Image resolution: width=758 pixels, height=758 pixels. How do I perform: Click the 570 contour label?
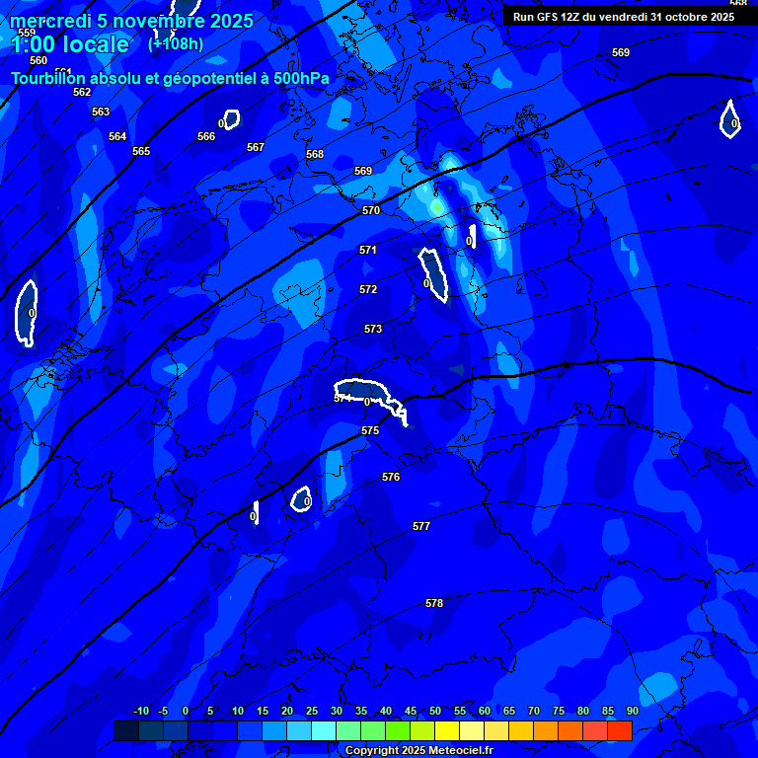pyautogui.click(x=371, y=210)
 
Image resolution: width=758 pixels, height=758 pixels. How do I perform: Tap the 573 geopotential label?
pyautogui.click(x=373, y=329)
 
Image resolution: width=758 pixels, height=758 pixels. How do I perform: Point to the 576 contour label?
pyautogui.click(x=391, y=477)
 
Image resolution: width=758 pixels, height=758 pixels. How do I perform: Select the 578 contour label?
pyautogui.click(x=434, y=603)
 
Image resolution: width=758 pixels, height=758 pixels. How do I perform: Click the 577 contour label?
pyautogui.click(x=421, y=526)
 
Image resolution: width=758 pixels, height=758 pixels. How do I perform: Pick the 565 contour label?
pyautogui.click(x=141, y=151)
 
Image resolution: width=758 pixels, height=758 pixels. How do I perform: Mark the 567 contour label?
pyautogui.click(x=256, y=147)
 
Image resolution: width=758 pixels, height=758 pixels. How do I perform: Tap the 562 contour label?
pyautogui.click(x=82, y=92)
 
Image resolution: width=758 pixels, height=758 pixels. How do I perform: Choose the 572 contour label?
pyautogui.click(x=368, y=289)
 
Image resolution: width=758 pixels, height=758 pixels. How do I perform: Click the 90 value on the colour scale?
pyautogui.click(x=632, y=711)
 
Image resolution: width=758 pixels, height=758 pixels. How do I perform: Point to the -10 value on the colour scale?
pyautogui.click(x=140, y=711)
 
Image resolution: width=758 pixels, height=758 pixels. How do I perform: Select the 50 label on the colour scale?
pyautogui.click(x=435, y=711)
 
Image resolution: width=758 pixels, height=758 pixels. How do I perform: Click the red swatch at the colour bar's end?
pyautogui.click(x=619, y=730)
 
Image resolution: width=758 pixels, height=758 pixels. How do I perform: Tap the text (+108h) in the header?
pyautogui.click(x=176, y=43)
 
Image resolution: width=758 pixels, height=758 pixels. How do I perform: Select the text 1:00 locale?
pyautogui.click(x=70, y=44)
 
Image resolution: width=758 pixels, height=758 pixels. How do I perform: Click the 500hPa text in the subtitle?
pyautogui.click(x=299, y=78)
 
